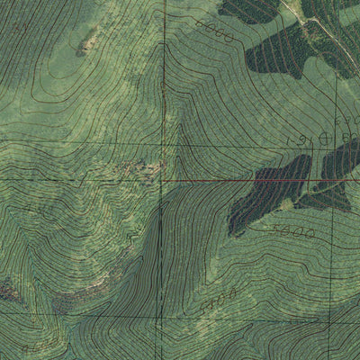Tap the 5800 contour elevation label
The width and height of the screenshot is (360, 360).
tap(296, 231)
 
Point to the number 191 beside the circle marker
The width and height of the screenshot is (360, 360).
tap(298, 140)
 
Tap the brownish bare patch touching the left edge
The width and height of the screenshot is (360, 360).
tap(7, 290)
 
